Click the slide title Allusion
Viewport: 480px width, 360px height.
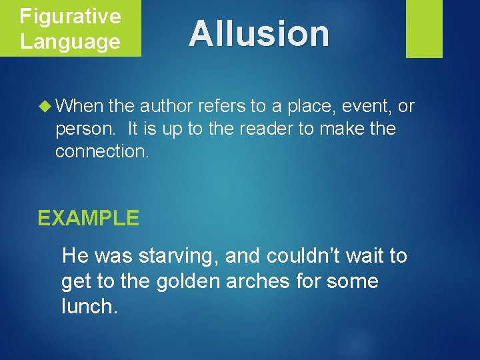259,33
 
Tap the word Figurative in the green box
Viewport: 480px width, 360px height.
70,16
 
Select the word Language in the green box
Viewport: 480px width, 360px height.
70,41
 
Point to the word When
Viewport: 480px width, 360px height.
79,105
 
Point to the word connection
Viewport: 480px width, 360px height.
102,151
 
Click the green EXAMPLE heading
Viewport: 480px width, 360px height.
88,218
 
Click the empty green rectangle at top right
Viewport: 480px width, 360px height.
424,29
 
